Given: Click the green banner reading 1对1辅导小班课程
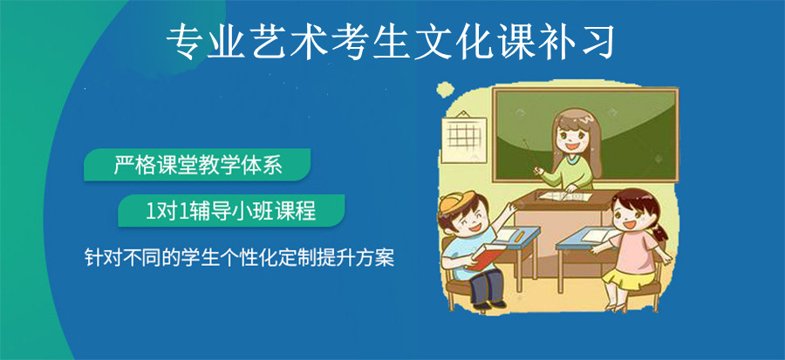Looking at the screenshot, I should [232, 210].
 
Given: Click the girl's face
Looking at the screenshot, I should [630, 216].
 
